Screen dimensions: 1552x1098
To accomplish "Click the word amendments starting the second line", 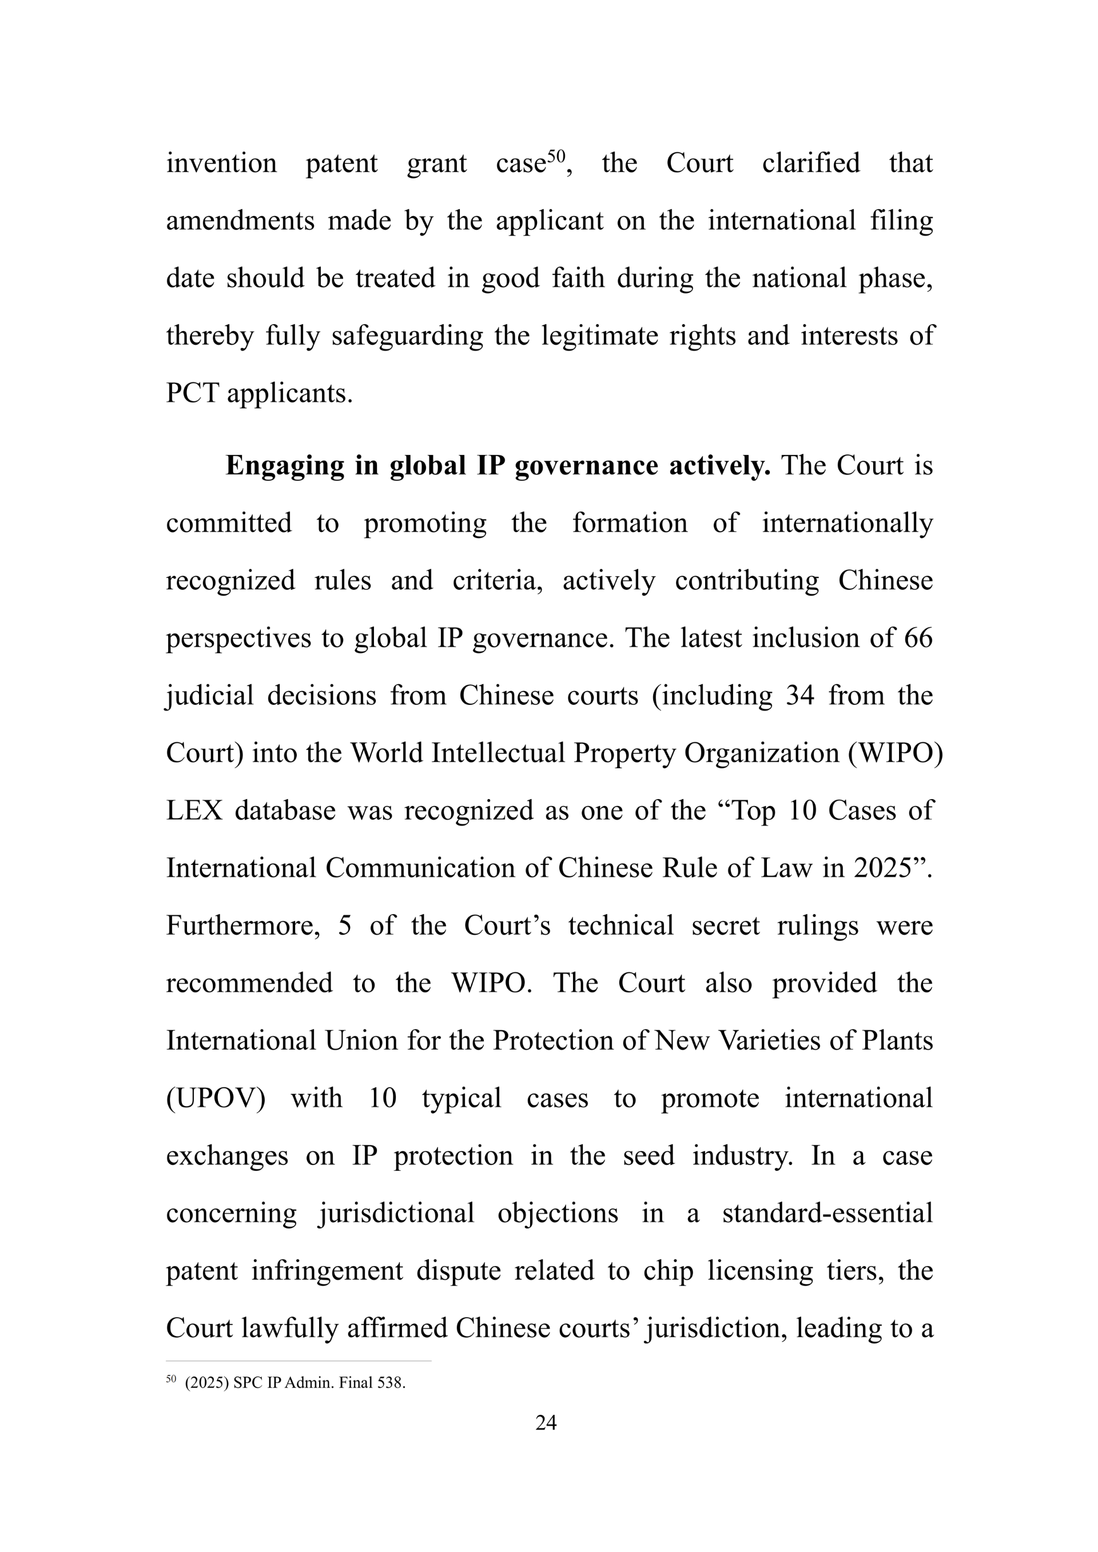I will [x=240, y=221].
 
